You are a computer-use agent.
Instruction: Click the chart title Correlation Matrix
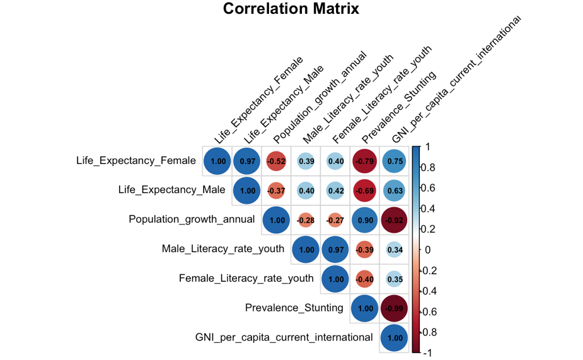[291, 9]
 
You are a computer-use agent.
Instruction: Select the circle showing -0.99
[395, 308]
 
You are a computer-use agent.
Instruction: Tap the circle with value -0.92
[395, 220]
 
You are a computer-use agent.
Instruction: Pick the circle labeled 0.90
[366, 220]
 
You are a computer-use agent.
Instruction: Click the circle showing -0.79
[366, 161]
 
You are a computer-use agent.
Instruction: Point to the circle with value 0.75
[395, 161]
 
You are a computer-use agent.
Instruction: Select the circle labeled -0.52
[277, 161]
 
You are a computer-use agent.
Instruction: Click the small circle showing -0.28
[306, 220]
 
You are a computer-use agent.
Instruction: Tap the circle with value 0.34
[395, 250]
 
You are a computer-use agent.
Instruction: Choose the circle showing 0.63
[395, 190]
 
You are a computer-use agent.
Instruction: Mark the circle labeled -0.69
[366, 190]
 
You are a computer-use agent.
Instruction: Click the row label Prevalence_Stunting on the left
[294, 308]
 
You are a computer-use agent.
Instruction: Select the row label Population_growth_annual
[192, 219]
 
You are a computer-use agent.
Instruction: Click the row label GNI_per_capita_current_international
[284, 337]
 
